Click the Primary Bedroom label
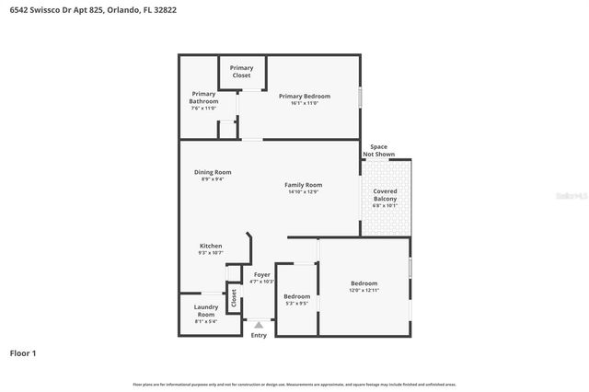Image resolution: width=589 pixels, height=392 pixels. click(304, 96)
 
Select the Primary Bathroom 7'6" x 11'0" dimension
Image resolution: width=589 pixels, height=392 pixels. click(203, 109)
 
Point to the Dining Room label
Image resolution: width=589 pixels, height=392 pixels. click(212, 172)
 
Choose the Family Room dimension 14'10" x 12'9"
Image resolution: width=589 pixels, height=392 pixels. click(303, 192)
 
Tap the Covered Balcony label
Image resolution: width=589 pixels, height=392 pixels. click(385, 195)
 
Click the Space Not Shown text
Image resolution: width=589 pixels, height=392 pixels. click(378, 150)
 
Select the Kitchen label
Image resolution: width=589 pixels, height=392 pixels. click(211, 246)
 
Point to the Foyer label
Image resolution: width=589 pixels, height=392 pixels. click(262, 274)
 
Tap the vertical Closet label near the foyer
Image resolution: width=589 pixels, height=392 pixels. click(234, 298)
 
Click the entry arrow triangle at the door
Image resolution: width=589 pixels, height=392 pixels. click(259, 324)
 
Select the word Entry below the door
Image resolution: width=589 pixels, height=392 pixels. click(259, 335)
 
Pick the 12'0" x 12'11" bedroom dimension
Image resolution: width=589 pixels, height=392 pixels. click(364, 291)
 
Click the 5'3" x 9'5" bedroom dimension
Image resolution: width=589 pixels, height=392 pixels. click(296, 304)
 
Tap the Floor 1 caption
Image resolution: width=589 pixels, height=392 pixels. click(23, 352)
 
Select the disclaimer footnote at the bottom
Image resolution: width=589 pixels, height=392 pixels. click(294, 384)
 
